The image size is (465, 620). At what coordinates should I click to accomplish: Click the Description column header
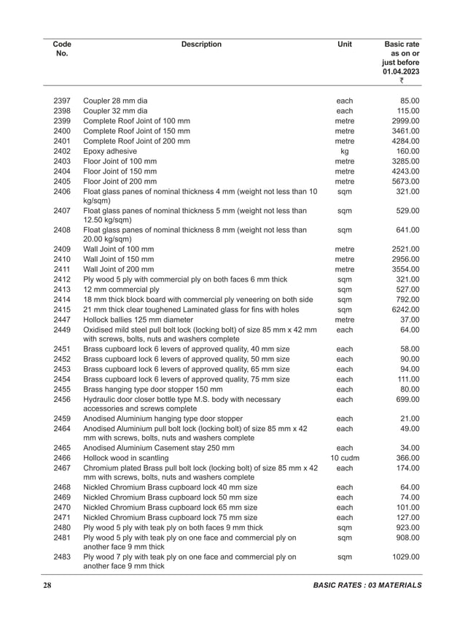(x=201, y=44)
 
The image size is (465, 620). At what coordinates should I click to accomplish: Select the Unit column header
(x=345, y=44)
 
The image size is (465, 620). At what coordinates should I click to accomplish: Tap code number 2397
(x=62, y=100)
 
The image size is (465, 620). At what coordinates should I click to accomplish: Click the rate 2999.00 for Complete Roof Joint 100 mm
(x=405, y=120)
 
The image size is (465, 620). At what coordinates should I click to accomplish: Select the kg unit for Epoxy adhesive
(x=345, y=151)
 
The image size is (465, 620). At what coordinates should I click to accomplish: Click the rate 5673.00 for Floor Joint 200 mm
(x=405, y=182)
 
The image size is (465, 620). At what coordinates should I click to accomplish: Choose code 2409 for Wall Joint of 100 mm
(x=62, y=249)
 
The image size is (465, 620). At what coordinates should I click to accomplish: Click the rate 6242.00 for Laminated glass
(x=405, y=310)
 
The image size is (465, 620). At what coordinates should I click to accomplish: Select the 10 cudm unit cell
(x=345, y=457)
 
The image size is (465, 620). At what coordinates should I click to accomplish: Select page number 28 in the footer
(x=47, y=586)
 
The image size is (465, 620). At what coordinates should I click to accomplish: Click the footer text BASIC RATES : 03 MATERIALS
(x=367, y=586)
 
